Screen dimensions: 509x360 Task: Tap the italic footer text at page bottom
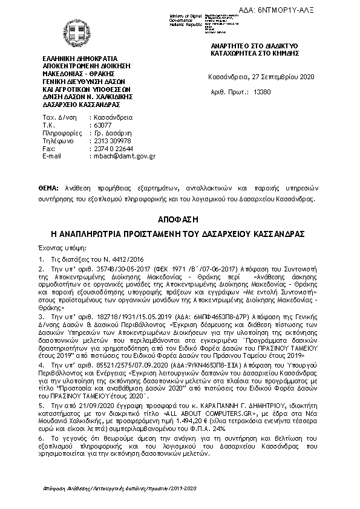[120, 487]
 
